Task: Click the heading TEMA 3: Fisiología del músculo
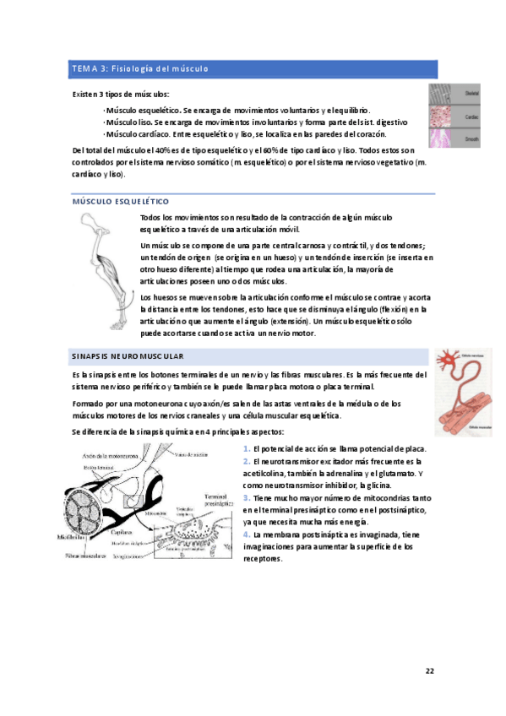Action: coord(140,68)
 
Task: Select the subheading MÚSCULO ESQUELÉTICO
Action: coord(121,202)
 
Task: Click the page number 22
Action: coord(429,671)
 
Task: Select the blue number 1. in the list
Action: coord(246,448)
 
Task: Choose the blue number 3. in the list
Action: coord(246,498)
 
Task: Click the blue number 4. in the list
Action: coord(246,534)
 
